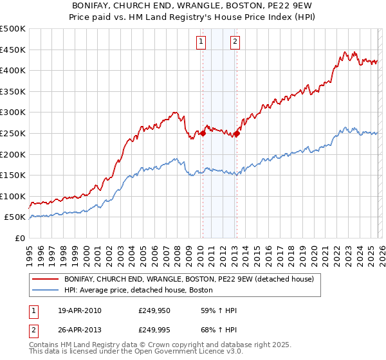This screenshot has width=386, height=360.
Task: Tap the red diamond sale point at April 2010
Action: (x=203, y=133)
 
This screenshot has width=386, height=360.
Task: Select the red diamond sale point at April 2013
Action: (x=237, y=133)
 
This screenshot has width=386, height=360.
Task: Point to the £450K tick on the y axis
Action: (x=13, y=50)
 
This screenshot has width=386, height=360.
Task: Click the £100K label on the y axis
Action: (x=13, y=196)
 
